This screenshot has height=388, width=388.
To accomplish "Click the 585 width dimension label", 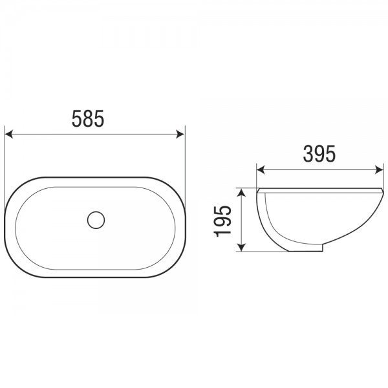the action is point(88,119).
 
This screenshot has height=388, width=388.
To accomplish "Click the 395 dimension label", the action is point(319,154).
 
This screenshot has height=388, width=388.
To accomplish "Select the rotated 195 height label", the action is point(222,221).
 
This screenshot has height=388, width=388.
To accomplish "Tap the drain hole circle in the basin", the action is point(96,220).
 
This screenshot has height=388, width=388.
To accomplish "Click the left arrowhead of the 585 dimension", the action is point(8,135).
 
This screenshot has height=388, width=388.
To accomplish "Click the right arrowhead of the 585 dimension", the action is point(180,135).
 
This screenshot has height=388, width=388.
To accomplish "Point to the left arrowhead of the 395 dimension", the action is point(261,170).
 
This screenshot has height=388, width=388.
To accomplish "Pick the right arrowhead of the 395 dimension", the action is point(380,170).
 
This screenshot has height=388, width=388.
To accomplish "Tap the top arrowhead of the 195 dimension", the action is point(241,192).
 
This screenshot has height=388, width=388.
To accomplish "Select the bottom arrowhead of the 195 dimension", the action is point(241,247).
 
